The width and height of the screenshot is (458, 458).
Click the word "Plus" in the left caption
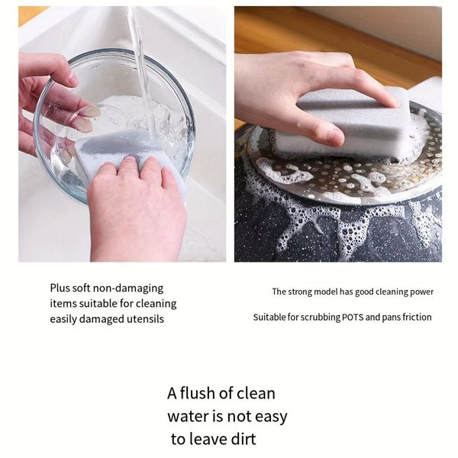click(x=60, y=289)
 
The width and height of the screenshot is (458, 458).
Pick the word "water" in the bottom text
click(x=188, y=417)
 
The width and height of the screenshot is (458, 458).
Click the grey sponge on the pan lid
click(x=343, y=126)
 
